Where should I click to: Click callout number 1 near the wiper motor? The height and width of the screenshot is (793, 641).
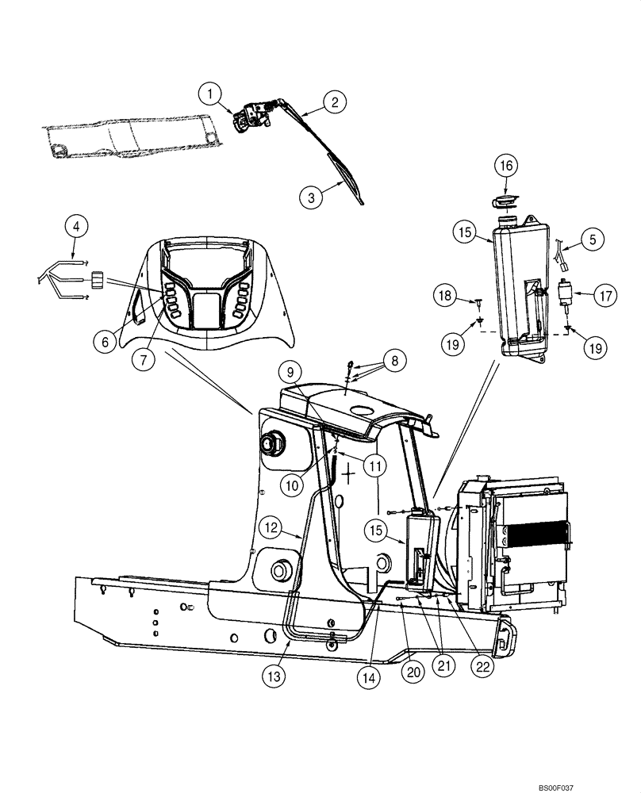pyautogui.click(x=210, y=95)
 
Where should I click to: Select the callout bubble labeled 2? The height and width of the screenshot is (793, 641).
pyautogui.click(x=335, y=102)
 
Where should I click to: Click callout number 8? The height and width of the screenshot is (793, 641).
pyautogui.click(x=394, y=361)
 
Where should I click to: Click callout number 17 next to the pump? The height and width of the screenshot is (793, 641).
pyautogui.click(x=605, y=297)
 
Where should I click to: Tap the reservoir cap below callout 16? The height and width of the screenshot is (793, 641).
pyautogui.click(x=505, y=198)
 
